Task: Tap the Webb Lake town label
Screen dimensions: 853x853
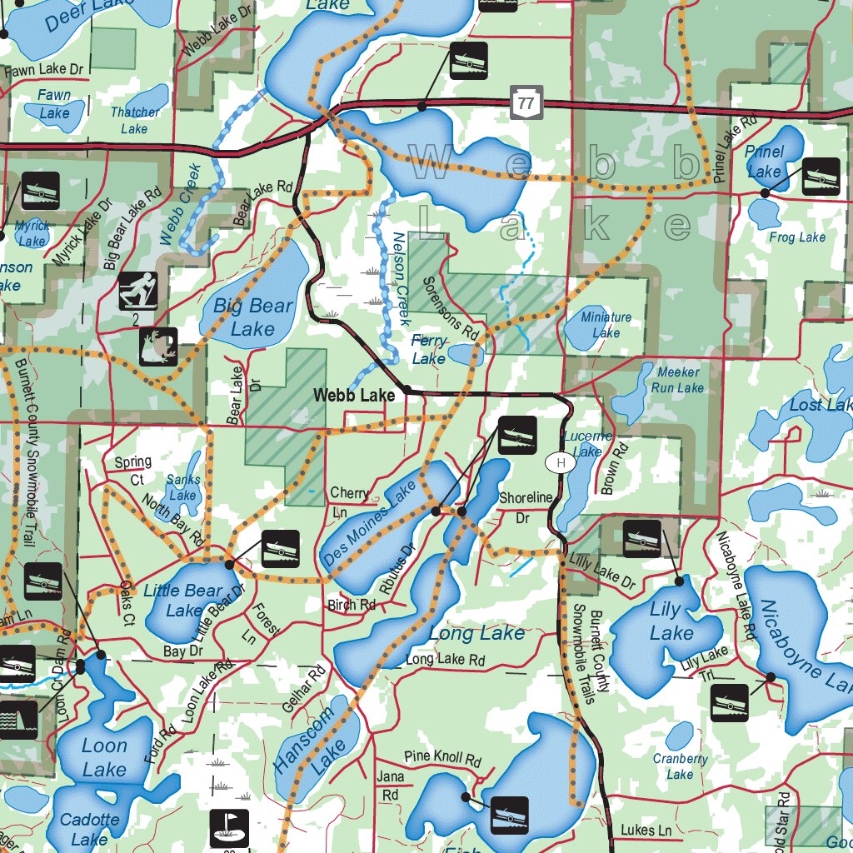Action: (x=353, y=397)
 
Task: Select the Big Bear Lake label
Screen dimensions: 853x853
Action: (x=253, y=317)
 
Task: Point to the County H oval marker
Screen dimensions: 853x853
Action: (x=561, y=462)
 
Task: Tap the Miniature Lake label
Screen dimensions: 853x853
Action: (x=606, y=325)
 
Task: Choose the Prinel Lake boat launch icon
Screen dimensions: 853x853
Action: (x=821, y=177)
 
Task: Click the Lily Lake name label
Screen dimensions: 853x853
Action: (x=669, y=621)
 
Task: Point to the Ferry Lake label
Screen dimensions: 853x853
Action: (x=429, y=350)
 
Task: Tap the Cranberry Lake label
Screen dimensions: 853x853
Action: (x=680, y=766)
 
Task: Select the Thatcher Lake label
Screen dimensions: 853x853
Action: (x=134, y=120)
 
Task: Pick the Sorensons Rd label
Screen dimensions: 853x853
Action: (x=450, y=308)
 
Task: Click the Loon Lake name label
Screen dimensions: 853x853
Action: (x=104, y=757)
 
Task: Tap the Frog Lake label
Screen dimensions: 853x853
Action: (x=797, y=237)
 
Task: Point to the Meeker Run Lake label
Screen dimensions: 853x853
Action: (x=677, y=380)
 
